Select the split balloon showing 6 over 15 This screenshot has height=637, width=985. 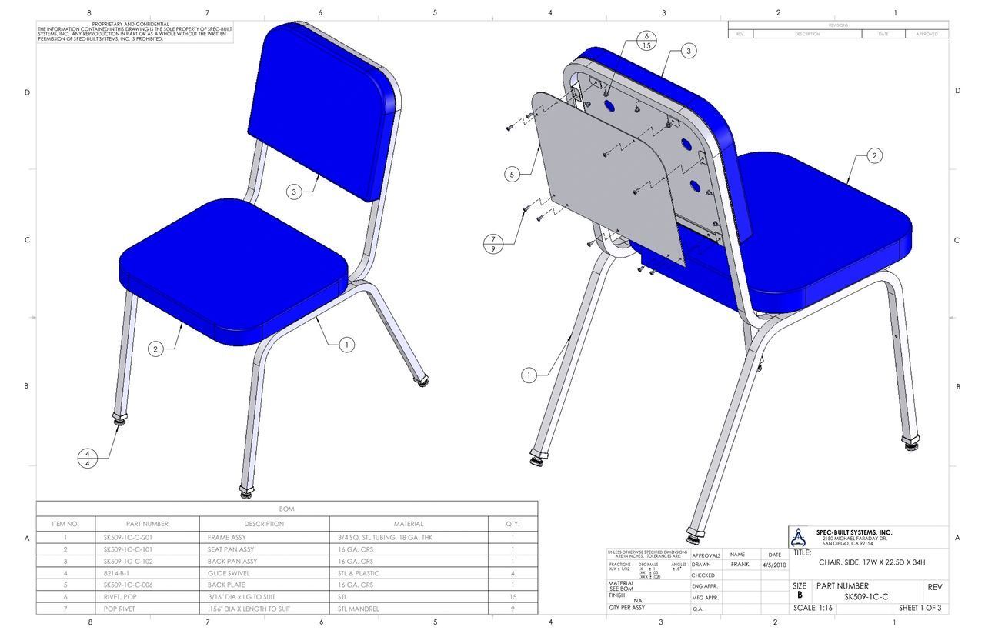(646, 41)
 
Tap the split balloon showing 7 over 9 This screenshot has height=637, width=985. (492, 243)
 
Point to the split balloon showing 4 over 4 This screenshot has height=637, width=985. (88, 459)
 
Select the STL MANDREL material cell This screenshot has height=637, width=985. (359, 609)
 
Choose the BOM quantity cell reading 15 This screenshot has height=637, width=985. (512, 597)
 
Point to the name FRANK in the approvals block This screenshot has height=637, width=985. (740, 565)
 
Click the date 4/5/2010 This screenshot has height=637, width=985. (774, 565)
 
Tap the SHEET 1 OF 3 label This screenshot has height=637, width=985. (920, 608)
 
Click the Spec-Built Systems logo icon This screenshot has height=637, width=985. (800, 536)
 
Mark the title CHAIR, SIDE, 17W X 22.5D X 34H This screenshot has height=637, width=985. (872, 562)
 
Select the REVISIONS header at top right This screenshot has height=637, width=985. (838, 25)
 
